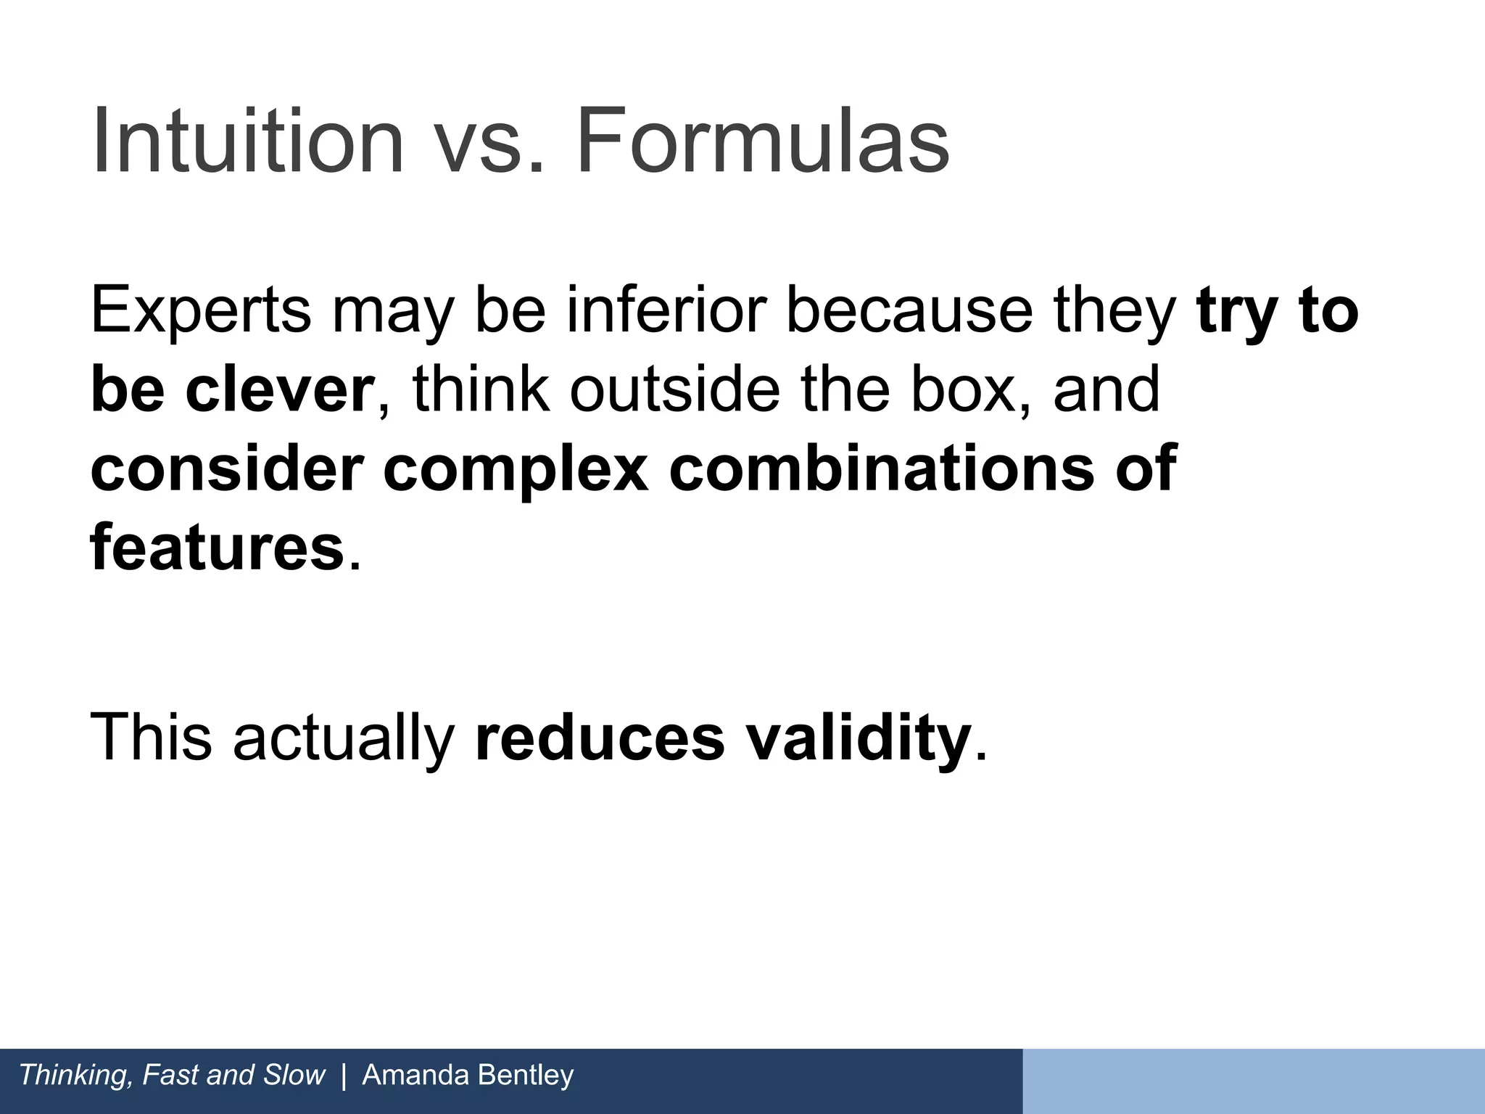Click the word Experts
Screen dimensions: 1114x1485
click(200, 311)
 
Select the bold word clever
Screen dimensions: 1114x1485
click(279, 389)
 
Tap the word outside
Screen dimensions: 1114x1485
click(675, 389)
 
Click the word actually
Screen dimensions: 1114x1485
click(343, 738)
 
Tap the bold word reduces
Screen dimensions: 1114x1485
click(599, 738)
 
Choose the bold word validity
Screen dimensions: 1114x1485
click(859, 738)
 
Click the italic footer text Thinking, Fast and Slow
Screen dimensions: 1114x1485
click(172, 1075)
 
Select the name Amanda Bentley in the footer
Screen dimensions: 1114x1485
click(468, 1075)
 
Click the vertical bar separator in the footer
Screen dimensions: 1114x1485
click(344, 1075)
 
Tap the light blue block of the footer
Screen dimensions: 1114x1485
click(1253, 1081)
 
